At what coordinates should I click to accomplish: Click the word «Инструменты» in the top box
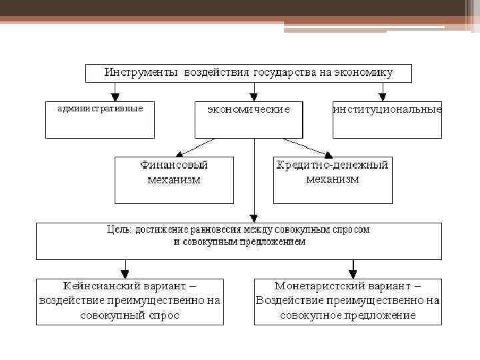click(140, 72)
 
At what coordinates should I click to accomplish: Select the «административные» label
click(100, 108)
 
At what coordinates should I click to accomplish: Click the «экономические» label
click(248, 109)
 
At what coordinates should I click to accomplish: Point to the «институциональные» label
click(387, 109)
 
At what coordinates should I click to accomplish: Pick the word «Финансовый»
click(174, 165)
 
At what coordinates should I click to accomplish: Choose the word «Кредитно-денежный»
click(332, 165)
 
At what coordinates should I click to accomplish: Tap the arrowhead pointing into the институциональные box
click(383, 97)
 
